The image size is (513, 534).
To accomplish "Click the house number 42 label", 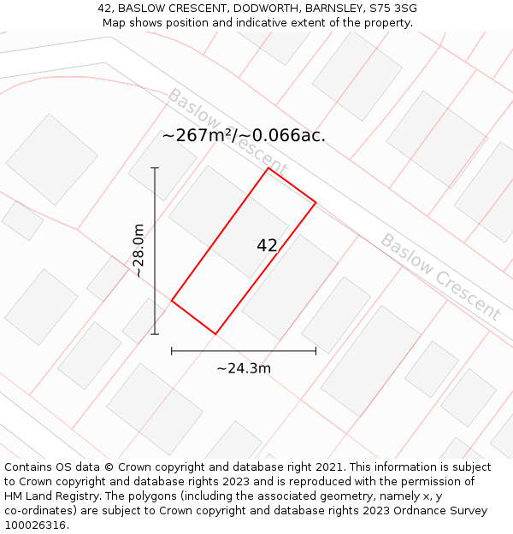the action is [x=267, y=245].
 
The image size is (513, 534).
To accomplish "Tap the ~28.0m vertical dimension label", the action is [x=139, y=250].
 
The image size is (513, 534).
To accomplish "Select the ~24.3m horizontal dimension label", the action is [x=244, y=368].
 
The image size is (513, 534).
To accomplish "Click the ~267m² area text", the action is [x=198, y=136].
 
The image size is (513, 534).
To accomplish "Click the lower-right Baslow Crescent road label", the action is [x=440, y=277].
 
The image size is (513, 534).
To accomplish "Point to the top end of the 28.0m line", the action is [x=155, y=167].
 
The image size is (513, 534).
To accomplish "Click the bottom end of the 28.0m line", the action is [x=155, y=333].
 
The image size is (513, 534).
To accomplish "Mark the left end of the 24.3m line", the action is [x=172, y=350].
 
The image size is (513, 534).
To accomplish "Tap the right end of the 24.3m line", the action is [x=315, y=350].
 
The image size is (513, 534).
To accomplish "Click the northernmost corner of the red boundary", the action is [x=268, y=167].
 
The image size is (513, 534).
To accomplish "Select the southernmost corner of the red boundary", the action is [x=215, y=334].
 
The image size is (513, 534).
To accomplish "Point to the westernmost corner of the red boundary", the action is [x=172, y=301].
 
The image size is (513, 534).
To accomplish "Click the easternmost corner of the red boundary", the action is [x=315, y=202].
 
